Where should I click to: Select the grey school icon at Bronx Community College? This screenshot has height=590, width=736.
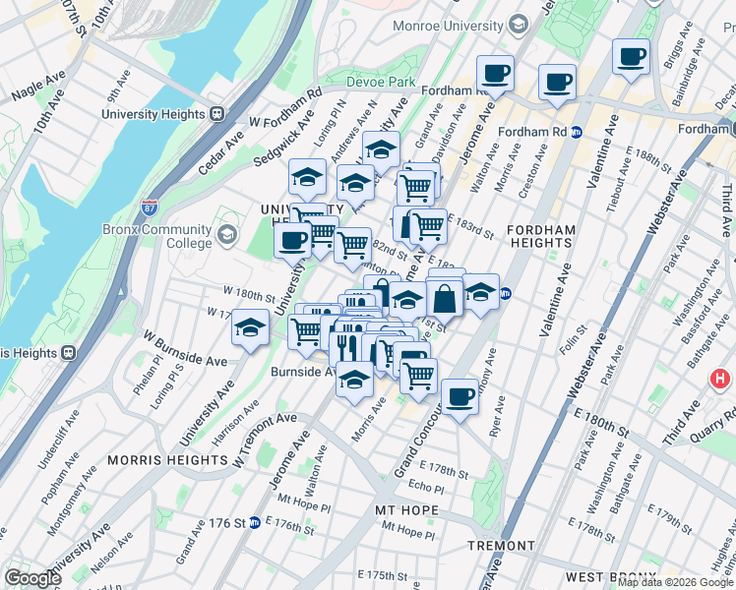227,233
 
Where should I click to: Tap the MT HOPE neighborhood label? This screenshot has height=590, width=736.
404,510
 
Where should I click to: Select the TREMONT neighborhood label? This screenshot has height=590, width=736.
500,545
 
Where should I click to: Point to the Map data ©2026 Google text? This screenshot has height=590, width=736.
674,582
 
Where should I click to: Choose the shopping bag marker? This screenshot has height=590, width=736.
445,297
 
